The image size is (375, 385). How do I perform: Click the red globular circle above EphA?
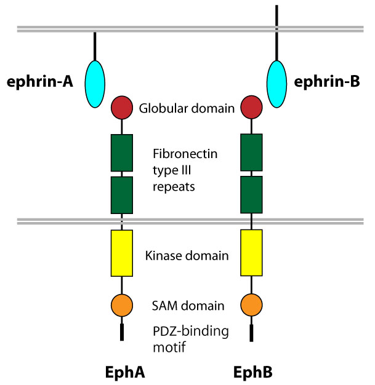pyautogui.click(x=122, y=108)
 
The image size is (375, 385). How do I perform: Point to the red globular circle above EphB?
pyautogui.click(x=251, y=108)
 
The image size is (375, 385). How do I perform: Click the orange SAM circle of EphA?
pyautogui.click(x=122, y=305)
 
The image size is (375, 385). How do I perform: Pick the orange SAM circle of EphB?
pyautogui.click(x=251, y=305)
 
